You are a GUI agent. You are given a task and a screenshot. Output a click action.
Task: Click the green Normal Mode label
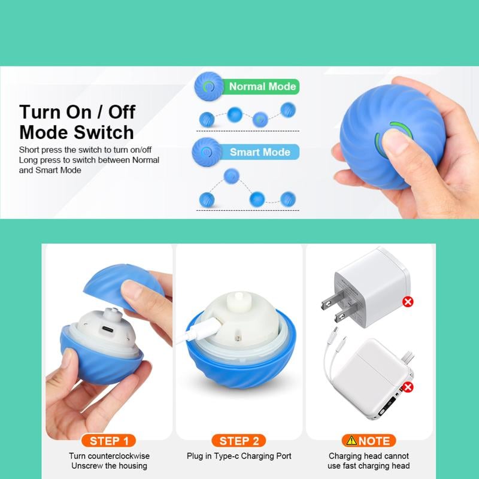(x=262, y=87)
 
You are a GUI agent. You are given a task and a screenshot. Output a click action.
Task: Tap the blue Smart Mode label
(x=260, y=152)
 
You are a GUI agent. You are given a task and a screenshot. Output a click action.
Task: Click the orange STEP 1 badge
(x=109, y=441)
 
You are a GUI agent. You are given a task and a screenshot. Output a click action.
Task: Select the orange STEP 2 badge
(x=239, y=441)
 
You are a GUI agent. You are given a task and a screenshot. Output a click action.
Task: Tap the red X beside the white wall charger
(x=408, y=301)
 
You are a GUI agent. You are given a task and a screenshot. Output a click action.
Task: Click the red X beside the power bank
(x=408, y=387)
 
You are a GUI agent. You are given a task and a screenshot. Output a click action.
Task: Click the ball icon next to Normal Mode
(x=207, y=87)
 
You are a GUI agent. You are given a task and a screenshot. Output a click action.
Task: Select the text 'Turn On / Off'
(x=77, y=112)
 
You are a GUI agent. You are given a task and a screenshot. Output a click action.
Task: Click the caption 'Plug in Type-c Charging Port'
(x=239, y=456)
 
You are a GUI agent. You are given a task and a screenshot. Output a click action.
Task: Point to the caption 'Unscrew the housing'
(x=109, y=466)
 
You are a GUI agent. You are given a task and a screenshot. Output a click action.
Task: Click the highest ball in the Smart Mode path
(x=232, y=175)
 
